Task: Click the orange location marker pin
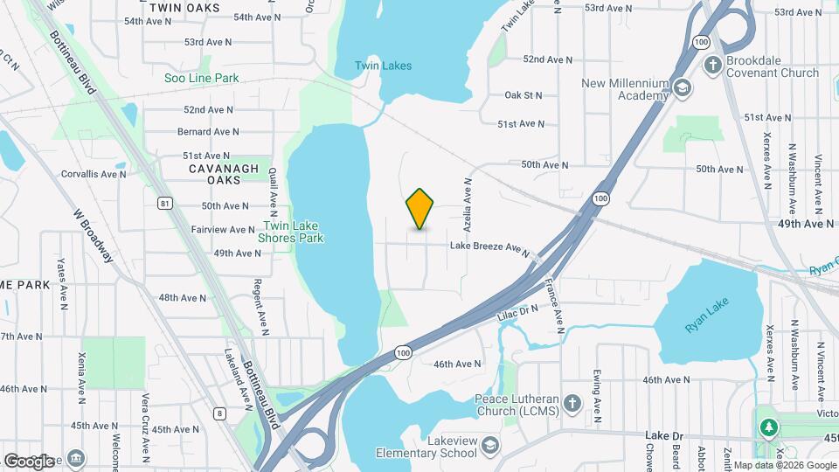pos(420,208)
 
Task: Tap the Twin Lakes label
pos(383,66)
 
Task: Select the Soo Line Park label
pos(202,78)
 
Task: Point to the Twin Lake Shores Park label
pos(291,232)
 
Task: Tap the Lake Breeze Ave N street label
pos(489,248)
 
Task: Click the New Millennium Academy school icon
pos(682,87)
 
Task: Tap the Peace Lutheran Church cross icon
pos(572,403)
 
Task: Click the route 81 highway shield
pos(165,204)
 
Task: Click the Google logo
pos(29,461)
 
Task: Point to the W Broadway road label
pos(94,237)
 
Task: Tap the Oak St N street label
pos(524,95)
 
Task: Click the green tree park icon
pos(769,427)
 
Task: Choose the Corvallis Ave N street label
pos(94,174)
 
